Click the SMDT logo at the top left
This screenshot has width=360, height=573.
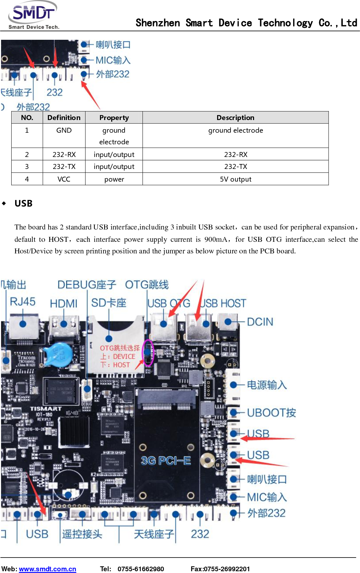pos(33,15)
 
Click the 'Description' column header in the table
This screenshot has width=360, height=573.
pos(235,118)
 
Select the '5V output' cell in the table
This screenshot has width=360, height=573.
pos(235,179)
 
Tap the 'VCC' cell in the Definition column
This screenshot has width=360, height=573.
pos(64,179)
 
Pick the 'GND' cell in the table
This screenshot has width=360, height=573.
pos(64,130)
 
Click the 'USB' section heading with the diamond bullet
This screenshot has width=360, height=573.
pos(23,203)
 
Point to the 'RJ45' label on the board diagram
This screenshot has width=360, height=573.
pos(23,302)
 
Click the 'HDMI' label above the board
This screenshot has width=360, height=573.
pos(63,303)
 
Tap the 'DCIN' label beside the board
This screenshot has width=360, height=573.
pos(260,322)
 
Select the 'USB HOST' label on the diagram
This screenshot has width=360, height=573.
pos(223,303)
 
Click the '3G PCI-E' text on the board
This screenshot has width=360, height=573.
pos(166,461)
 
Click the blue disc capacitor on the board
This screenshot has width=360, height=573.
pos(57,354)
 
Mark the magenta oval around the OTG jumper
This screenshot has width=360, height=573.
pos(148,352)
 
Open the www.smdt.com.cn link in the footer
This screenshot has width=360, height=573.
pos(48,569)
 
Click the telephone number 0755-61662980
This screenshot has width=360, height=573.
pos(141,569)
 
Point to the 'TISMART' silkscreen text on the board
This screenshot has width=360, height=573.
pos(46,409)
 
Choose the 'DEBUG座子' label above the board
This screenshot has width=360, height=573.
pos(87,284)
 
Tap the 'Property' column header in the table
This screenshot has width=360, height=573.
pos(114,118)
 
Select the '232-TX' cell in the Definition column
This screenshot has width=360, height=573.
pos(64,166)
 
